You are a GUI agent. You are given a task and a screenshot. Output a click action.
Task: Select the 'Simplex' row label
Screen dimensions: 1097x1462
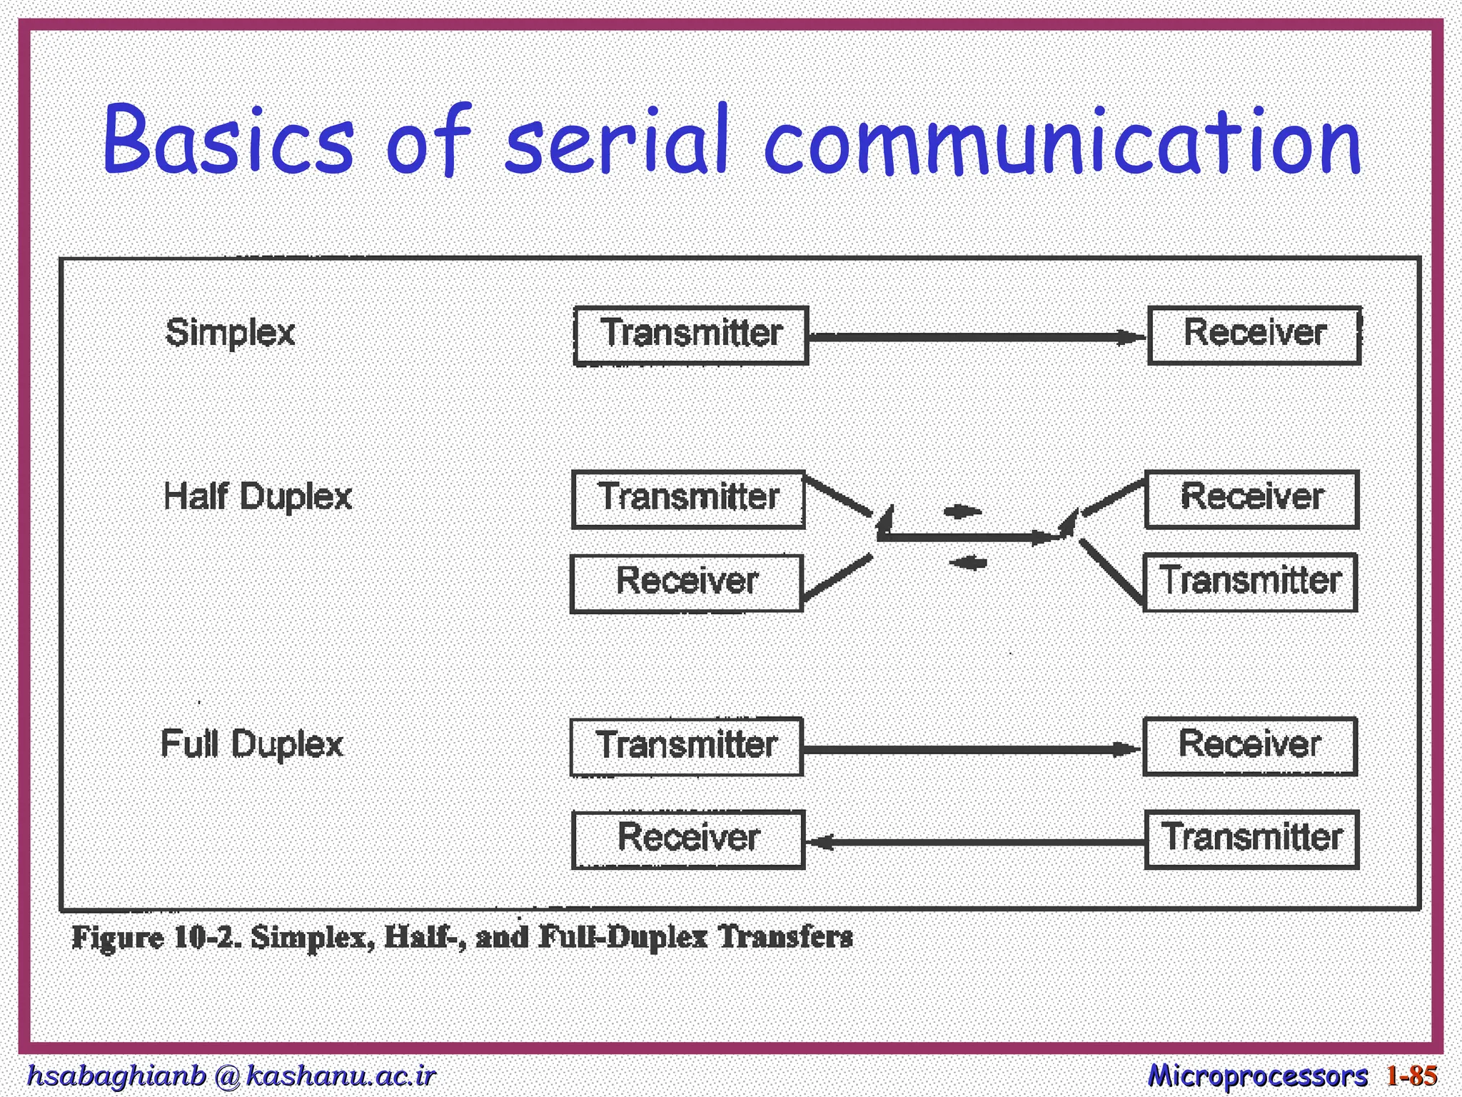[x=230, y=333]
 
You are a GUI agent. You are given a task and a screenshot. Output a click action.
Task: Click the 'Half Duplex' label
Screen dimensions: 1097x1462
[x=258, y=496]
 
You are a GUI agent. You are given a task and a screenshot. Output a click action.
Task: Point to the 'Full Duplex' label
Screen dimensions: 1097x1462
[x=252, y=744]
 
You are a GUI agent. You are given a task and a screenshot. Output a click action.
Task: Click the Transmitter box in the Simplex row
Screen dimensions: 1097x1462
[x=691, y=336]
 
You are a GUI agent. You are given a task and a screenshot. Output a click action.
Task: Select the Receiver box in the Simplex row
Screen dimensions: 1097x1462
[x=1254, y=335]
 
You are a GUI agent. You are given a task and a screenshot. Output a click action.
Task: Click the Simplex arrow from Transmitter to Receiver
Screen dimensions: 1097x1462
[x=978, y=336]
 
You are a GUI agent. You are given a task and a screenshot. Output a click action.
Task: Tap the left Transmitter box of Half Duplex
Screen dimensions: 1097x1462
[x=688, y=499]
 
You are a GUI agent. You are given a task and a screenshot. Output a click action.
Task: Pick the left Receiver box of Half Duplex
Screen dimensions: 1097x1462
[x=687, y=583]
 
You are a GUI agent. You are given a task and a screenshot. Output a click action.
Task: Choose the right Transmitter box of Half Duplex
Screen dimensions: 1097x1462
[x=1250, y=582]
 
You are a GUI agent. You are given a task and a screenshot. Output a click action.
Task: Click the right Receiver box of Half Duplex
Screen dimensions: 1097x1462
[x=1251, y=499]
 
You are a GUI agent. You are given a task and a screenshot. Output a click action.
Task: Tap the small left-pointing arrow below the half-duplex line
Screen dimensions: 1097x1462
[x=968, y=563]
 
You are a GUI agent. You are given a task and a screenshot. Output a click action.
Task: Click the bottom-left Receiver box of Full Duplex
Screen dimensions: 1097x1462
[x=688, y=839]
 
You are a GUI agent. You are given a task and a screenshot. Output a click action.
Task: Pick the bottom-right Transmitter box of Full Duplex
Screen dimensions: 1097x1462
[x=1251, y=839]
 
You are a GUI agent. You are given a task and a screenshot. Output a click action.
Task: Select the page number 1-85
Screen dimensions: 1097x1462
[x=1411, y=1076]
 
